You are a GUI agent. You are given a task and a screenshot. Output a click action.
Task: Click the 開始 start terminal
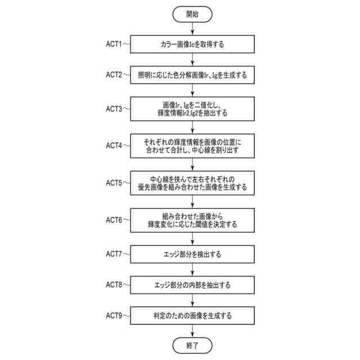[x=192, y=13]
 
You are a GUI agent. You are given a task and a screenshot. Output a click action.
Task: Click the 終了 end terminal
[x=192, y=344]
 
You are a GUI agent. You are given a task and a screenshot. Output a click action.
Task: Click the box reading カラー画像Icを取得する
[x=192, y=43]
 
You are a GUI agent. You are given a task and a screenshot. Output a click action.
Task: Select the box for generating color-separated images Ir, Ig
[x=192, y=74]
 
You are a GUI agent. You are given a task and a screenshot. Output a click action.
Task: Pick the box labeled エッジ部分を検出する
[x=192, y=254]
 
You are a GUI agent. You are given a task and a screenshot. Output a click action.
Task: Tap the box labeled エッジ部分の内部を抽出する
[x=192, y=285]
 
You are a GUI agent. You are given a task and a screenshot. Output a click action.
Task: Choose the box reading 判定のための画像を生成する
[x=192, y=316]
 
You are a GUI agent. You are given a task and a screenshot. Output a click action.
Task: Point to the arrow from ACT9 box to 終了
[x=192, y=330]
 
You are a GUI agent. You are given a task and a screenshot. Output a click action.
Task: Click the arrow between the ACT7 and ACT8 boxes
[x=192, y=269]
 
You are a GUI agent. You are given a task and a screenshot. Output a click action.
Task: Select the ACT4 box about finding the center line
[x=192, y=146]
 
